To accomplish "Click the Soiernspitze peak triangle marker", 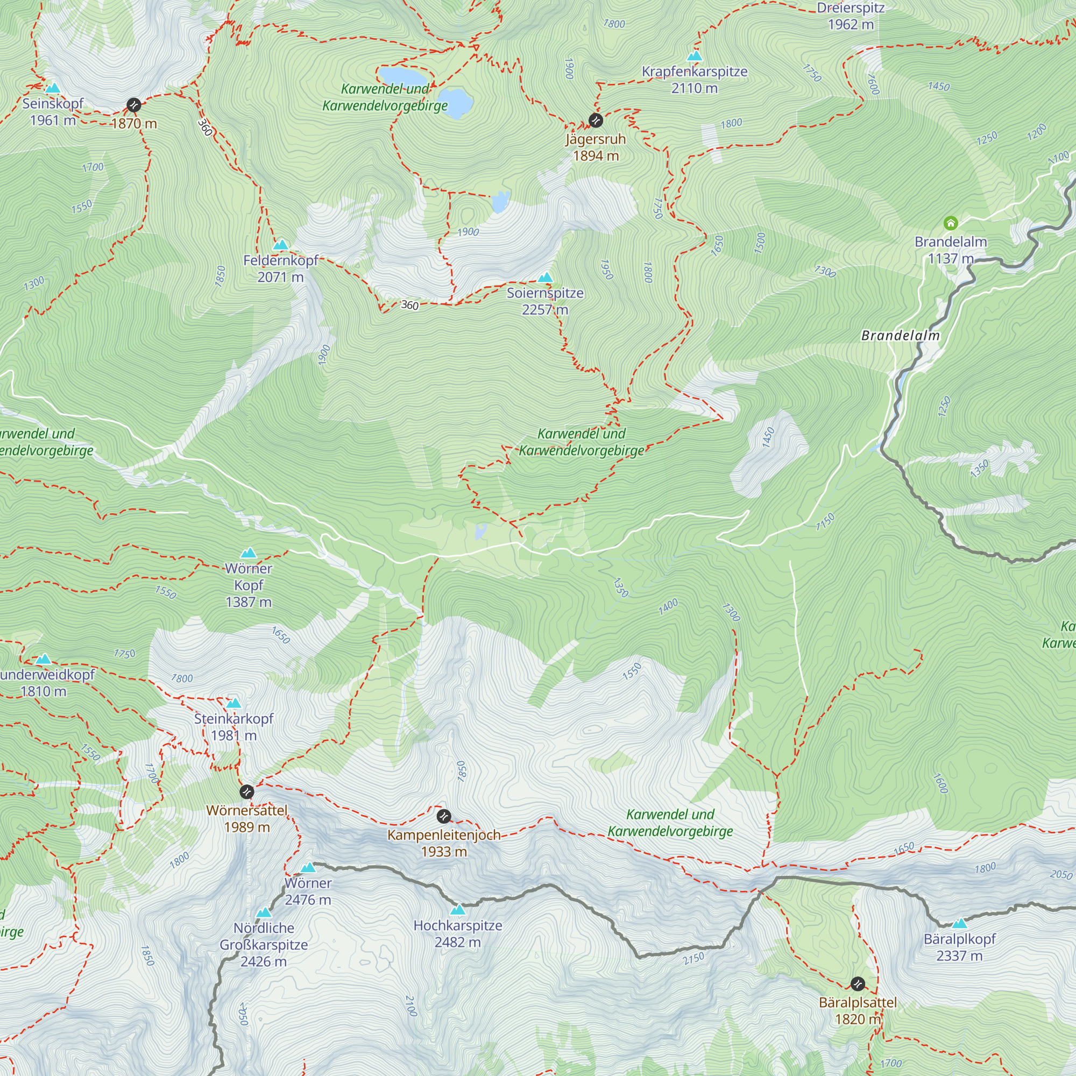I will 545,278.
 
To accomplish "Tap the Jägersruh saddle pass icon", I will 596,121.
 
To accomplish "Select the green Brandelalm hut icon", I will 950,223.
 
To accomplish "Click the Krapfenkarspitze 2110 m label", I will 694,80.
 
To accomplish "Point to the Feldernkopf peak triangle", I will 281,245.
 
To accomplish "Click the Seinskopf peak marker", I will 53,88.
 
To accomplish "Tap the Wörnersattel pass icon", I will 247,791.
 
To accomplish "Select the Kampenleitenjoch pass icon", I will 443,817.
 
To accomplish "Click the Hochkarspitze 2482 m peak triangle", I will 458,910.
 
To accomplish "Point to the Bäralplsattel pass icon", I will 858,983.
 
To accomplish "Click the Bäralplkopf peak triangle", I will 959,923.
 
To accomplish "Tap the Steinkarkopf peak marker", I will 234,703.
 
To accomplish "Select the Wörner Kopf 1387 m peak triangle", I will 249,553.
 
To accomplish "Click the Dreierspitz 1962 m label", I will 851,16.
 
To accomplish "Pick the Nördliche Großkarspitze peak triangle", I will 264,913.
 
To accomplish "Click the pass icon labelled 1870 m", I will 133,105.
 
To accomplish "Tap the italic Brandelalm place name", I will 900,335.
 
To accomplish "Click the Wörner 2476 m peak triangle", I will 308,868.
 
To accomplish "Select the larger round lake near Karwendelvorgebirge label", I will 456,102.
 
